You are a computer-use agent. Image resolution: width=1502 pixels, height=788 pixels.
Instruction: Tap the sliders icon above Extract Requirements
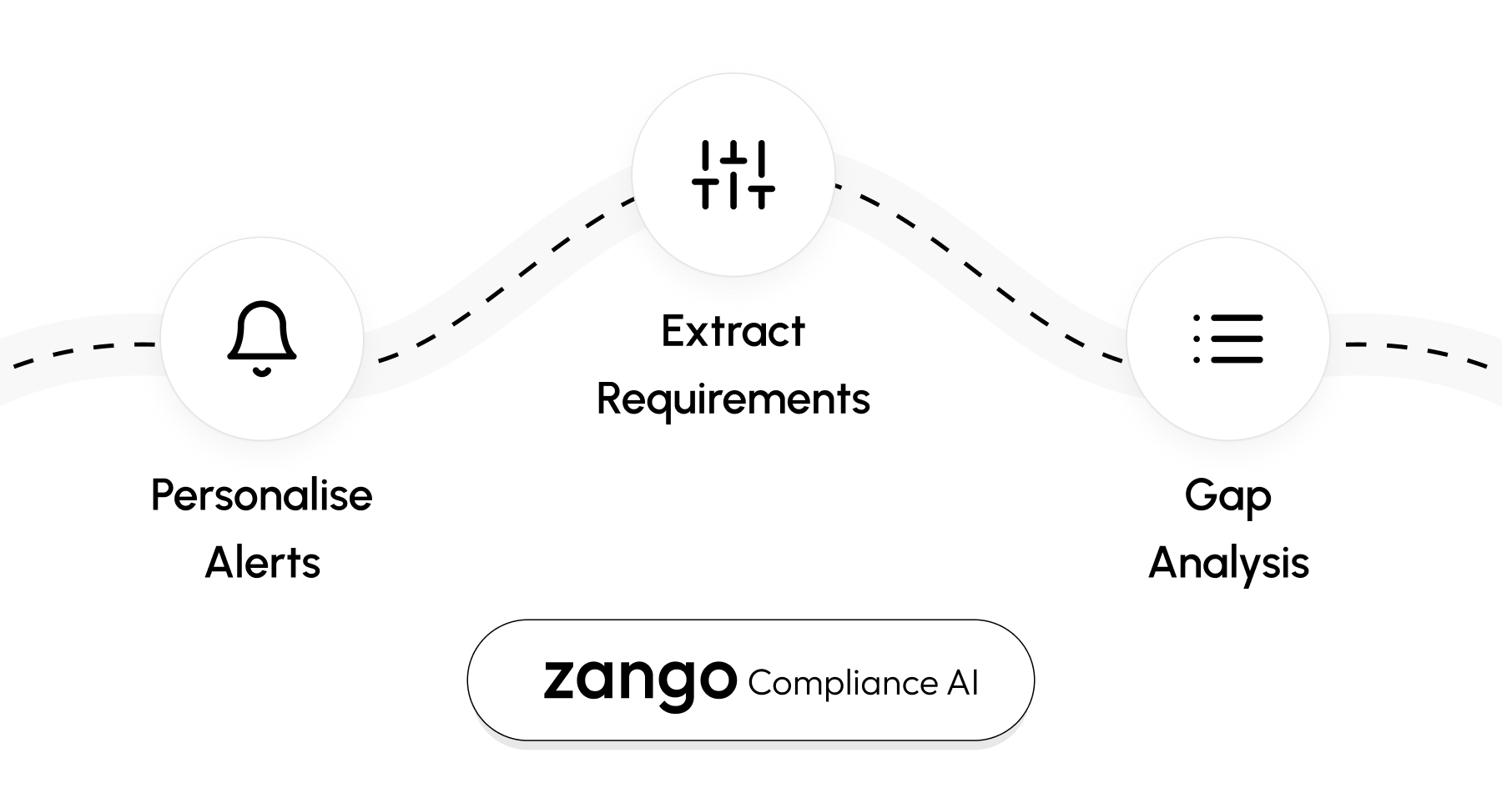[x=733, y=175]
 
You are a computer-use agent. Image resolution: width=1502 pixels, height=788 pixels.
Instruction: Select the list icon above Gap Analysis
[x=1228, y=339]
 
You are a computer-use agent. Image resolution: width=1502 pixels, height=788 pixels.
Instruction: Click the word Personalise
[x=261, y=496]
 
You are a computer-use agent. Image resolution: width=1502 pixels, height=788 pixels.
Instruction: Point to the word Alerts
[x=262, y=563]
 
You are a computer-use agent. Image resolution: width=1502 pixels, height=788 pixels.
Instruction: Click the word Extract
[x=733, y=332]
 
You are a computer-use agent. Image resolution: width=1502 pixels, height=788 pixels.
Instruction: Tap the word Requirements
[x=733, y=399]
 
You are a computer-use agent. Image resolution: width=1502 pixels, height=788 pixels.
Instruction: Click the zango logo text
[x=640, y=679]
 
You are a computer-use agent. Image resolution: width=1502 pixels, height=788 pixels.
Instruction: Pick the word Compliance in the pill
[x=843, y=684]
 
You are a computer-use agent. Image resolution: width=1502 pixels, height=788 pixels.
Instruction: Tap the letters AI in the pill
[x=962, y=684]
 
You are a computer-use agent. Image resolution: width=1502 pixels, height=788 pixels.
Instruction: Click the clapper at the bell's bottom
[x=262, y=371]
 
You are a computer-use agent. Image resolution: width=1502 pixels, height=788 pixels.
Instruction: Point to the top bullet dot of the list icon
[x=1197, y=318]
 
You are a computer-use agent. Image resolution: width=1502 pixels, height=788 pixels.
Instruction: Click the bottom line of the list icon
[x=1237, y=360]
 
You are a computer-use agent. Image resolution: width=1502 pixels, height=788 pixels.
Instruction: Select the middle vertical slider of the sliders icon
[x=733, y=175]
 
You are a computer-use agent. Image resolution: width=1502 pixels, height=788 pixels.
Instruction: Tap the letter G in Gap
[x=1199, y=495]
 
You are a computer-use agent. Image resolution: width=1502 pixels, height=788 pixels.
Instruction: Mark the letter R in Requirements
[x=609, y=399]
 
